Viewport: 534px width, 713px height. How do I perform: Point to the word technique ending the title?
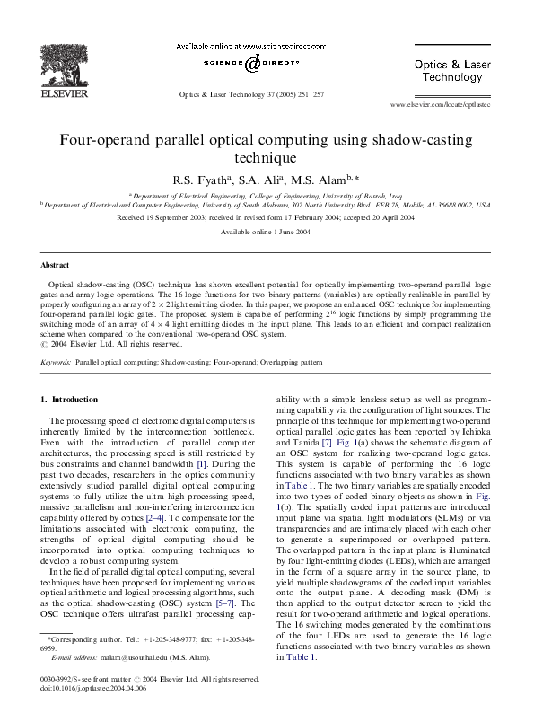point(266,158)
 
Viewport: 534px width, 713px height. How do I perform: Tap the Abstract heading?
point(57,266)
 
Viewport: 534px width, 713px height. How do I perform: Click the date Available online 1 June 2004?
point(267,232)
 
